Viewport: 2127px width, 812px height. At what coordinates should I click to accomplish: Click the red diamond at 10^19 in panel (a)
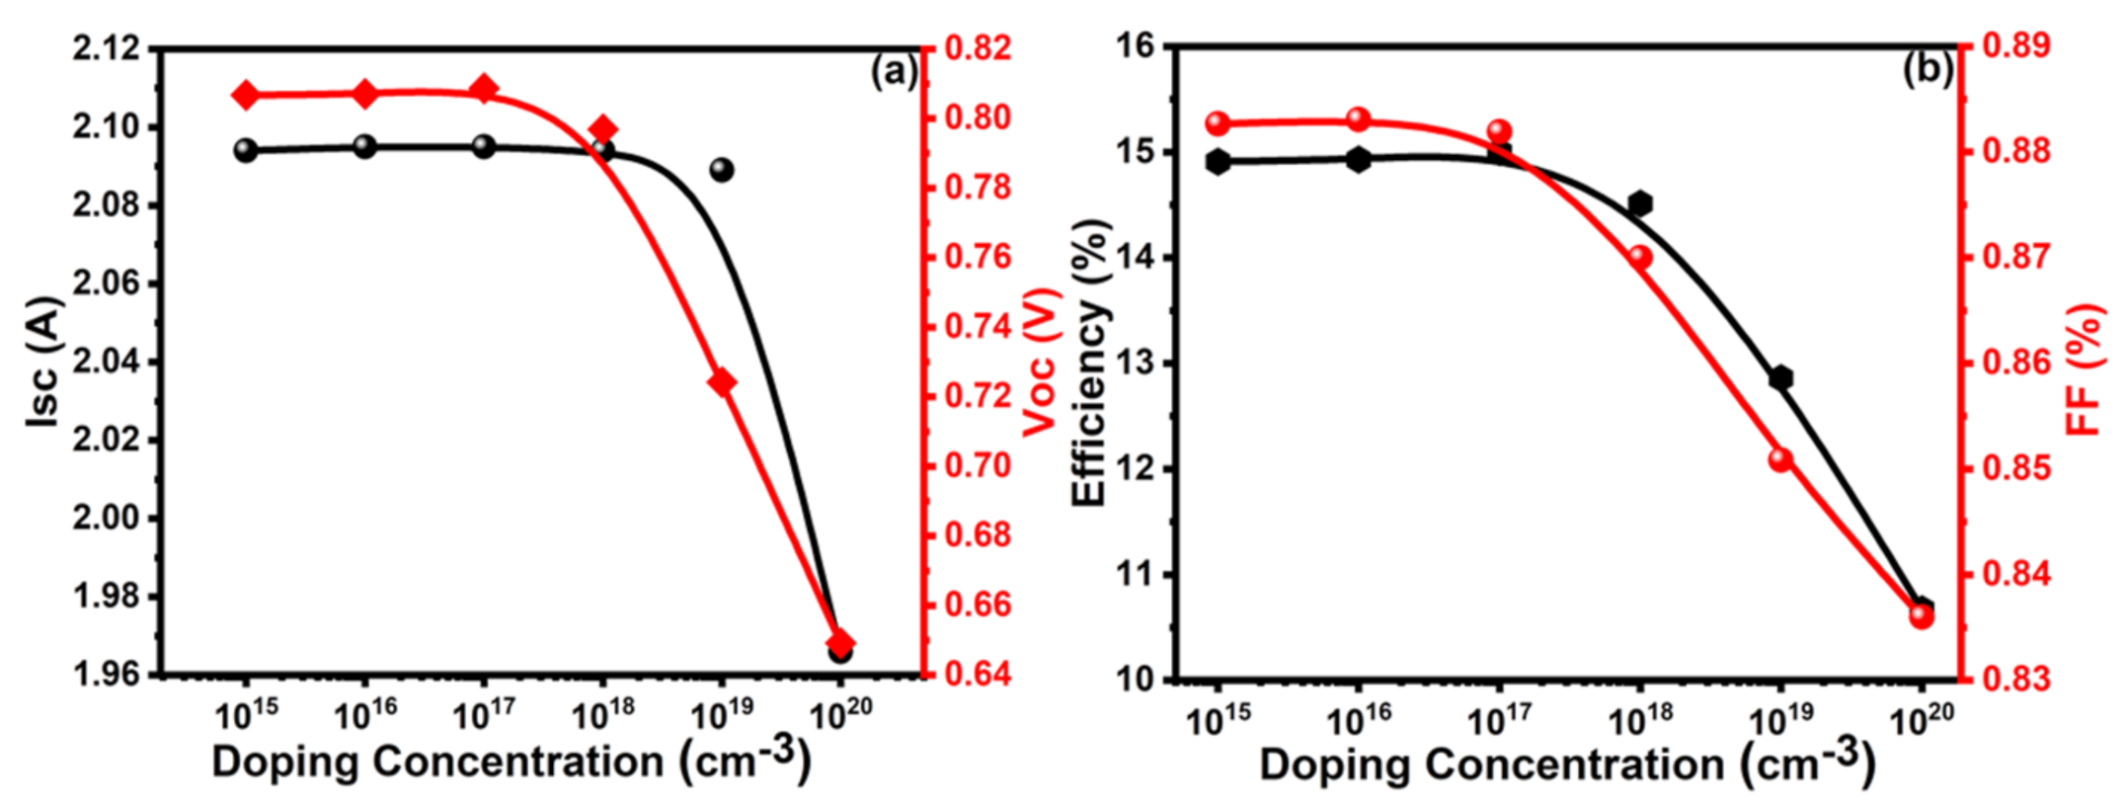click(x=722, y=382)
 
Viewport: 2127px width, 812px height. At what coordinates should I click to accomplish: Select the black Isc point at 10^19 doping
click(x=722, y=170)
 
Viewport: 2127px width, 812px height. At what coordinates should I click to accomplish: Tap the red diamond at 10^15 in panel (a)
click(x=246, y=96)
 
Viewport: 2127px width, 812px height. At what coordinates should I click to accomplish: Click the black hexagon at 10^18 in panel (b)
click(x=1640, y=203)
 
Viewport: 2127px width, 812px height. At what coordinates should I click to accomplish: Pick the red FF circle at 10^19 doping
click(x=1780, y=459)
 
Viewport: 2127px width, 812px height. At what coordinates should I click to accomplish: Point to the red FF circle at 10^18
click(x=1640, y=258)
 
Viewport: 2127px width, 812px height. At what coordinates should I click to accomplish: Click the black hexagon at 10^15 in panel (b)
click(x=1218, y=162)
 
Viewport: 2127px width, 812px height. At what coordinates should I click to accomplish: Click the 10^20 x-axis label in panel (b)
click(x=1921, y=720)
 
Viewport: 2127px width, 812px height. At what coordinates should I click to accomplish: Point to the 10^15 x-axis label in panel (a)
click(x=246, y=714)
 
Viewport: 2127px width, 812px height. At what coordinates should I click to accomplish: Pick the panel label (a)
click(x=894, y=72)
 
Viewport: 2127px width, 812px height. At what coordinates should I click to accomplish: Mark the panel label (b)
click(x=1927, y=70)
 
